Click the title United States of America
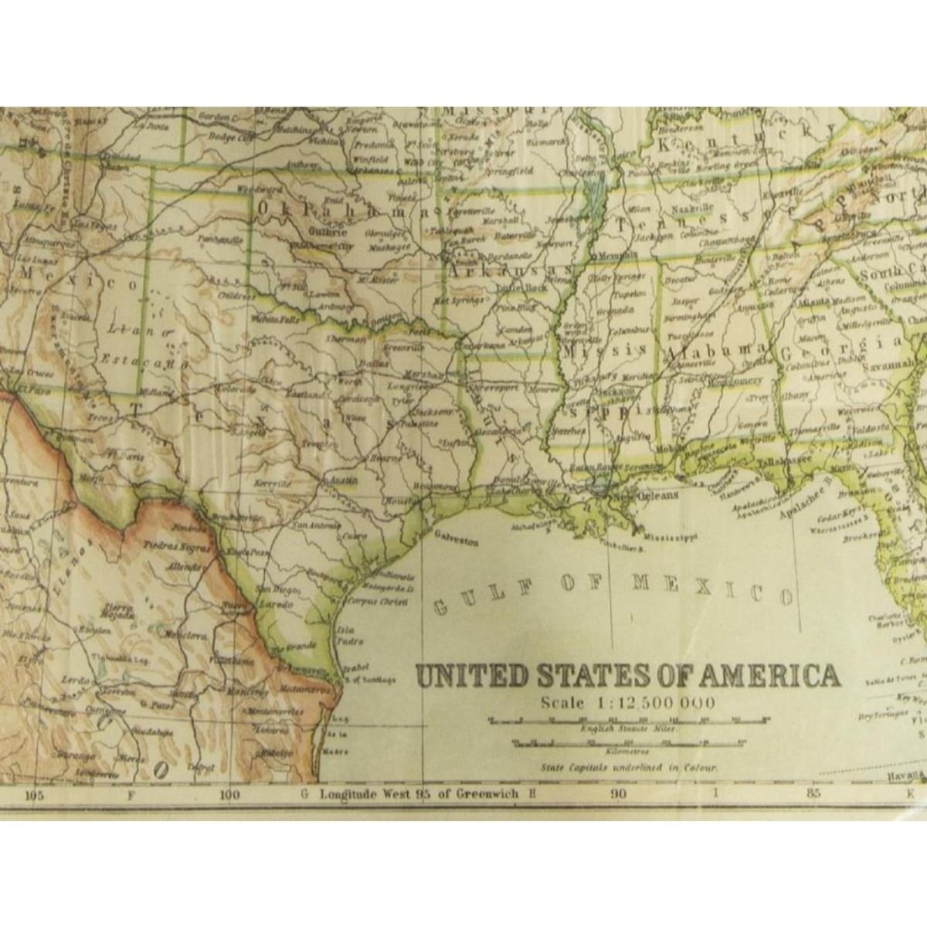(628, 675)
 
